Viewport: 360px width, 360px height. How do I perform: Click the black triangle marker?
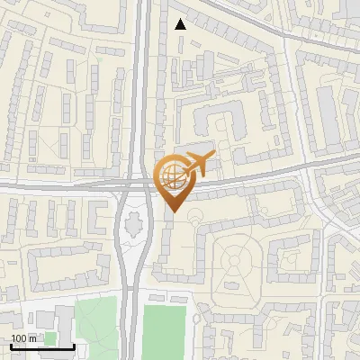coord(181,24)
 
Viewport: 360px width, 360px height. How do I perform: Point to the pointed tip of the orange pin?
coord(172,211)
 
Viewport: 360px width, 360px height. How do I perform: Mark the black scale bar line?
coord(41,346)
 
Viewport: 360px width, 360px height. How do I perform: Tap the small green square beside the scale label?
coord(50,338)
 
